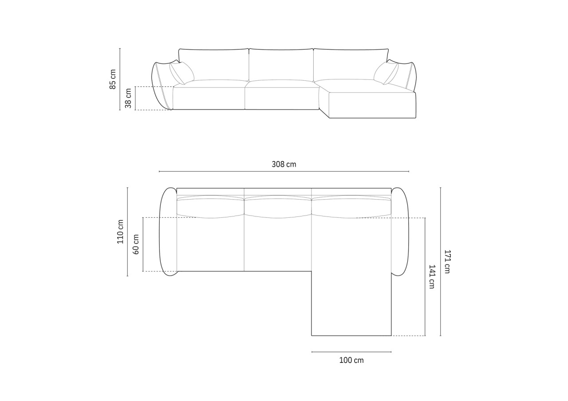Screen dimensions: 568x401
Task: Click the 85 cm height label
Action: pyautogui.click(x=113, y=79)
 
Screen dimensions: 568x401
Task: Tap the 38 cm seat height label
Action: pyautogui.click(x=128, y=98)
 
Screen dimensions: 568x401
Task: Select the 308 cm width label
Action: pyautogui.click(x=284, y=164)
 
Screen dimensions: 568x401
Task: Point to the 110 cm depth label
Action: pyautogui.click(x=120, y=232)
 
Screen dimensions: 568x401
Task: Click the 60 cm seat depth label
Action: pyautogui.click(x=136, y=244)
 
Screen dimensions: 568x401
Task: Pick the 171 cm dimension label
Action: pyautogui.click(x=447, y=262)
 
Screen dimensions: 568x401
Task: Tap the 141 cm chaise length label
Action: pyautogui.click(x=432, y=277)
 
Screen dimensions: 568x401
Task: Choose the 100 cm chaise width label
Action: pyautogui.click(x=351, y=360)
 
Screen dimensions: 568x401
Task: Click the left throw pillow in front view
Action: pyautogui.click(x=182, y=73)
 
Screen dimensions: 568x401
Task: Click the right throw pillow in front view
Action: pyautogui.click(x=386, y=73)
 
